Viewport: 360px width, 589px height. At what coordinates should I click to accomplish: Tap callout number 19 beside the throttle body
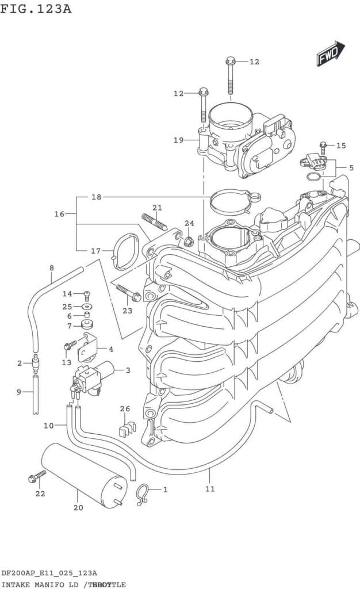click(178, 140)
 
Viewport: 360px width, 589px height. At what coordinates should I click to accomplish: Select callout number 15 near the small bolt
click(341, 146)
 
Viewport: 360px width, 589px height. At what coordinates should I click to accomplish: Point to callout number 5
click(351, 167)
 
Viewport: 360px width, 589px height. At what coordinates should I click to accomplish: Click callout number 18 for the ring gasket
click(96, 197)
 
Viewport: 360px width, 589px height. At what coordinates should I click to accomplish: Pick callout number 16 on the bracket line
click(59, 214)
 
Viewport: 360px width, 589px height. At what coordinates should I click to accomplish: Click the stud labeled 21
click(153, 221)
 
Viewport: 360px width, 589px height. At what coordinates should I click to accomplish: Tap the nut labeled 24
click(188, 239)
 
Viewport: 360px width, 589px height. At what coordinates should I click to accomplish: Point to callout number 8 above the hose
click(51, 268)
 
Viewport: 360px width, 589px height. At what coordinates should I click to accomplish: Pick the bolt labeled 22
click(37, 477)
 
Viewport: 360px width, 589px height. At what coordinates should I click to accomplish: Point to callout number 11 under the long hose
click(210, 489)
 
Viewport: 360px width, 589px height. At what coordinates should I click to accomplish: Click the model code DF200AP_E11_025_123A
click(48, 573)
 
